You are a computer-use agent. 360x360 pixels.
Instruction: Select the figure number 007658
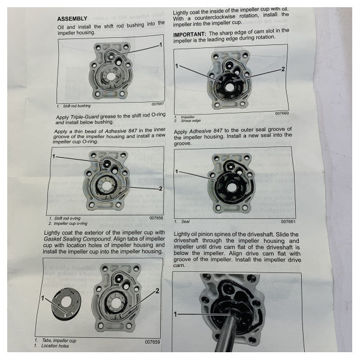coord(155,218)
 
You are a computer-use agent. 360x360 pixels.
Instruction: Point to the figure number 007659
coord(154,342)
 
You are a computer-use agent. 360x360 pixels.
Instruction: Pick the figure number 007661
coord(281,221)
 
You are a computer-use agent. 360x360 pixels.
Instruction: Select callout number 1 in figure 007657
coord(160,45)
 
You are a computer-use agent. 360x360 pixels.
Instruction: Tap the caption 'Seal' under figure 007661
coord(184,221)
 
